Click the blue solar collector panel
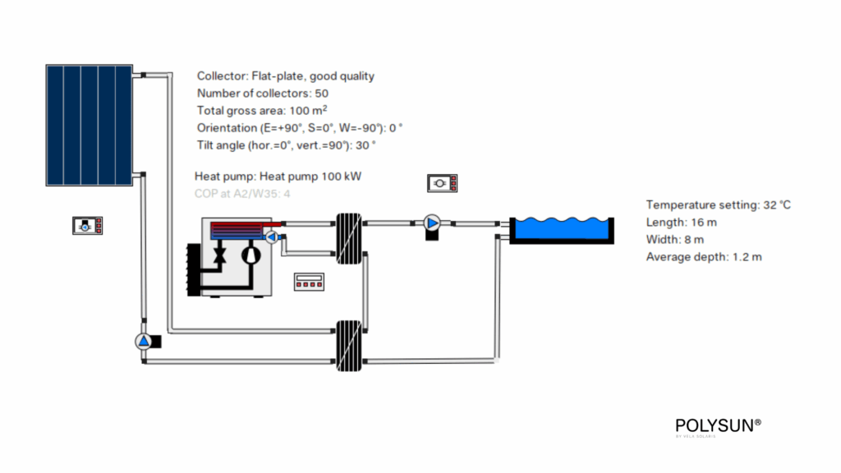click(x=88, y=125)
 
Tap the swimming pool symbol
click(x=561, y=229)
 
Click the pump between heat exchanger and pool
click(x=432, y=223)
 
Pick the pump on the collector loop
click(x=144, y=341)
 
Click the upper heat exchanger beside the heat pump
click(x=348, y=239)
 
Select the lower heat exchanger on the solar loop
click(x=348, y=345)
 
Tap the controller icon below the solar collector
click(x=87, y=225)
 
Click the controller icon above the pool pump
click(x=442, y=182)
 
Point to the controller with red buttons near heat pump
click(x=309, y=282)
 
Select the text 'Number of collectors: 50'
click(x=263, y=93)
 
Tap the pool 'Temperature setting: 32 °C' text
click(x=718, y=204)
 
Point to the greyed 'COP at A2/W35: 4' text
click(x=242, y=194)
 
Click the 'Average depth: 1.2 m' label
click(x=704, y=257)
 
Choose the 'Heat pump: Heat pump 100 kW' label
click(x=278, y=176)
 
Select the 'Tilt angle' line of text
click(x=286, y=145)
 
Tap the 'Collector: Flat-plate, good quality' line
click(x=286, y=76)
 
